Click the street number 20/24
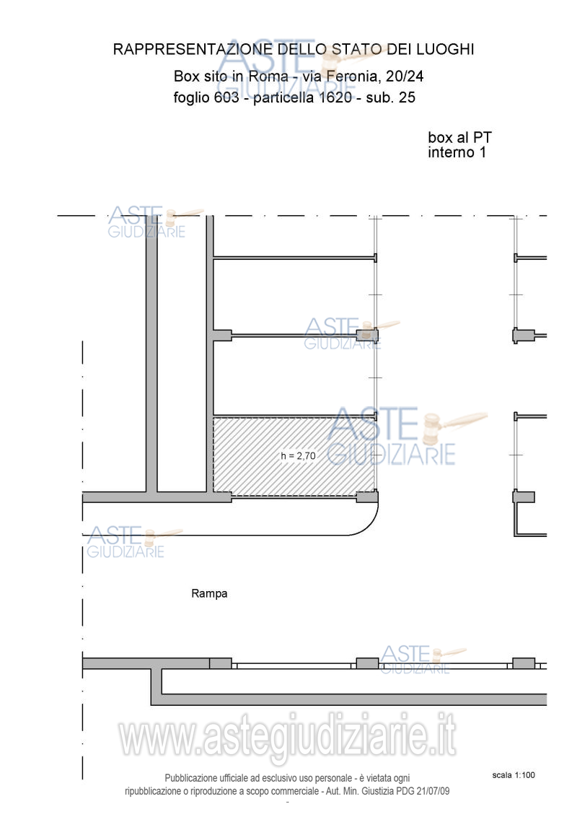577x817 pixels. (x=405, y=76)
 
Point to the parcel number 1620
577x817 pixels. (x=335, y=97)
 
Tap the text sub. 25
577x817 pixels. (x=391, y=97)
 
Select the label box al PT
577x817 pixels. (x=460, y=138)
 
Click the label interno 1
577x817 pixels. (x=457, y=152)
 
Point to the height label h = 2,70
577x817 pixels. (x=298, y=456)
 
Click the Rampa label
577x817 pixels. (x=209, y=593)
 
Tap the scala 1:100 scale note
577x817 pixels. (x=514, y=775)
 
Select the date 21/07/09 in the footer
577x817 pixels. (x=433, y=791)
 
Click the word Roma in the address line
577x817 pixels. (x=268, y=76)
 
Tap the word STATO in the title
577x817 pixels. (x=356, y=50)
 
